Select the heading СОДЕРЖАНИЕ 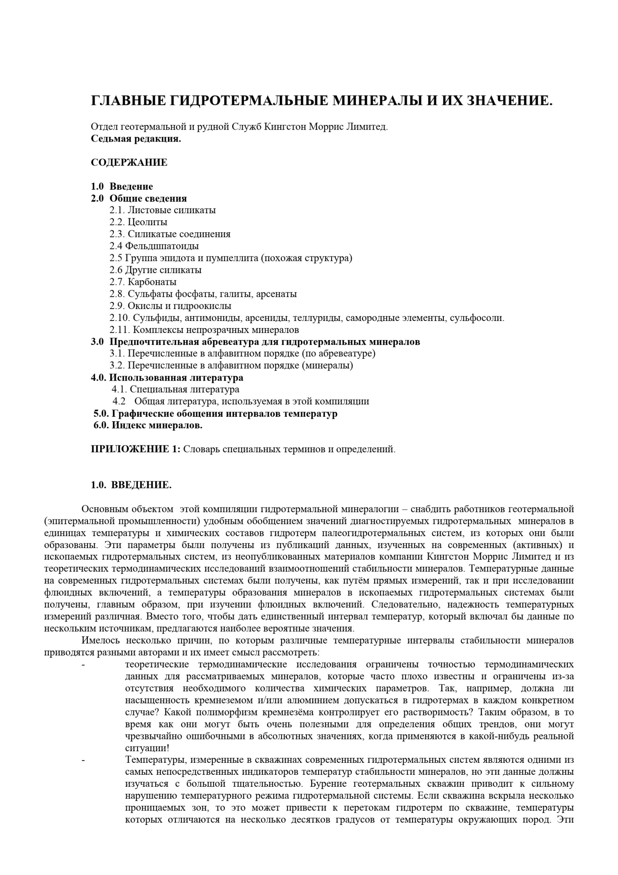[129, 163]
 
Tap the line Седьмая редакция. [136, 139]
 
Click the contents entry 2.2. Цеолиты [138, 222]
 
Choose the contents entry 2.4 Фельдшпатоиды [154, 246]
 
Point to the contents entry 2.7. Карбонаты [143, 282]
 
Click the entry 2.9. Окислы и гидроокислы [170, 306]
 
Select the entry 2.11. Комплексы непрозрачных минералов [204, 330]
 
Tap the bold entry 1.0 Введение [122, 186]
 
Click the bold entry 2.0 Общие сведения [138, 198]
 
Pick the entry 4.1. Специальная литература [175, 389]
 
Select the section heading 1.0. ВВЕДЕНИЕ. [131, 485]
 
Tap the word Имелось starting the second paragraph [99, 641]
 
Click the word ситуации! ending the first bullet [147, 748]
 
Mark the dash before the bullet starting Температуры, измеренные [83, 760]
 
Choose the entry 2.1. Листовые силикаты [163, 210]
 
